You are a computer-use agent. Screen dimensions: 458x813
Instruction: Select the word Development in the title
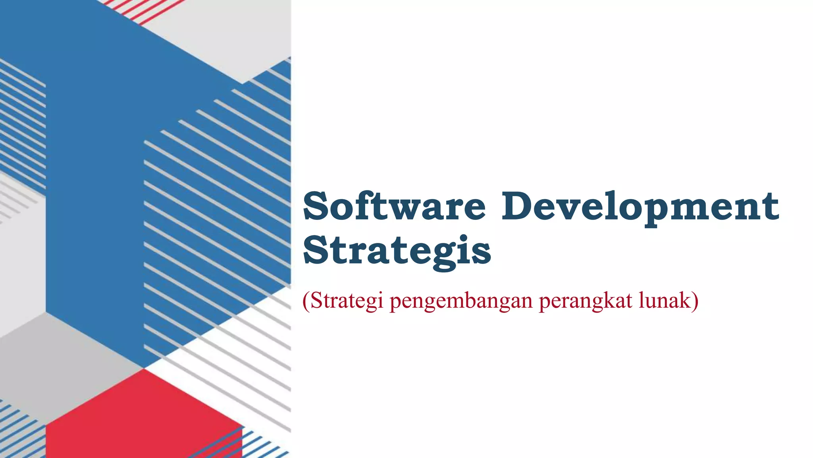coord(640,206)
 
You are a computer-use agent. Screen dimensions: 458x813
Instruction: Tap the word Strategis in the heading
coord(397,250)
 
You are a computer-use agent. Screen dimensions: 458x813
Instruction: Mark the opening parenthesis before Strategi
coord(305,301)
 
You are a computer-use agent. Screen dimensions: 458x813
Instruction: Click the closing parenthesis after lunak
coord(694,301)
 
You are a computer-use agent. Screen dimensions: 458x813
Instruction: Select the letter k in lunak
coord(684,300)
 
